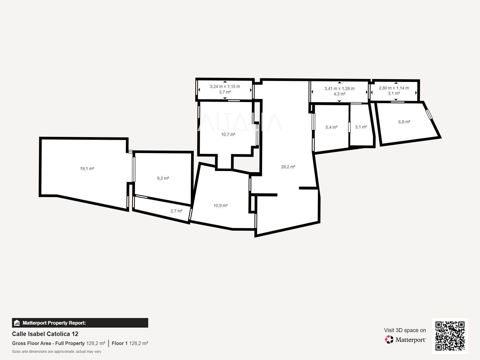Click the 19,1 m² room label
[x=87, y=169]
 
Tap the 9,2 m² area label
[x=163, y=178]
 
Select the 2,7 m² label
[x=176, y=211]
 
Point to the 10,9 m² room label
[x=220, y=205]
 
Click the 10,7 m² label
[x=228, y=134]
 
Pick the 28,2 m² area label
[x=288, y=167]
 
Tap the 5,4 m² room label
[x=331, y=127]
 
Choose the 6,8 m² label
[x=404, y=122]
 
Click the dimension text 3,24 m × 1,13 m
[x=225, y=86]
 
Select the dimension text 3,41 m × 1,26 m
[x=339, y=88]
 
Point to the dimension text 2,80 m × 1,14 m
[x=394, y=88]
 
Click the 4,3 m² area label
[x=339, y=94]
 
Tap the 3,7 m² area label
[x=225, y=92]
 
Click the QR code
[x=450, y=336]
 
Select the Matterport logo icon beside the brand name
[x=389, y=340]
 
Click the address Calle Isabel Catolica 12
[x=45, y=334]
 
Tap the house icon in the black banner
[x=17, y=323]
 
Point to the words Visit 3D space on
[x=405, y=330]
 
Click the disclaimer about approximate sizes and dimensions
[x=57, y=352]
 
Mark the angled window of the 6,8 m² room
[x=429, y=114]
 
